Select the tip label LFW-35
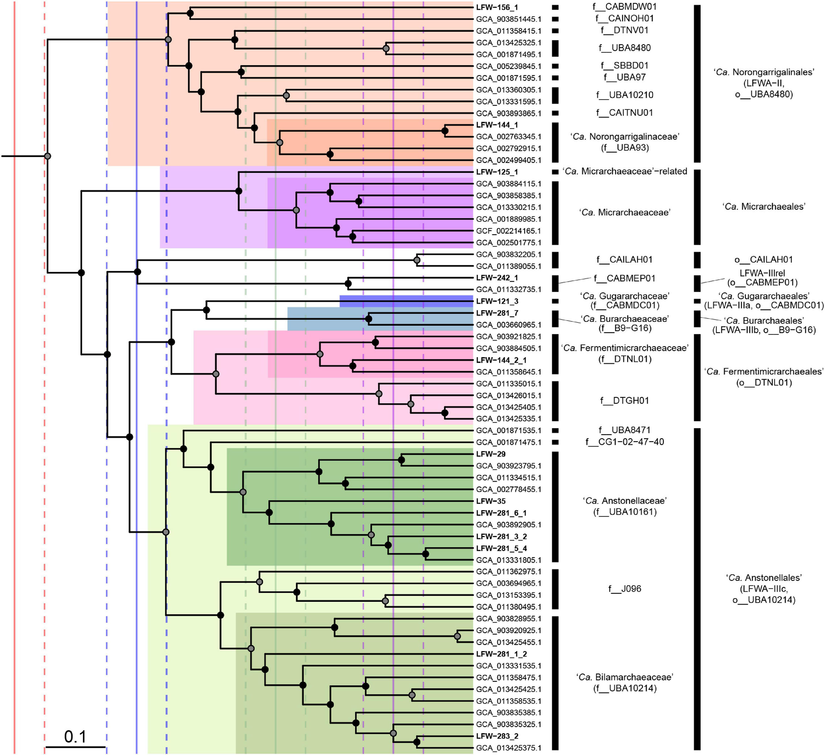(x=491, y=501)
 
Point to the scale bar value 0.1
(x=75, y=736)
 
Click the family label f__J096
(x=624, y=589)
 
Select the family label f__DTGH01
(x=624, y=401)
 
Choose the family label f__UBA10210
(x=624, y=95)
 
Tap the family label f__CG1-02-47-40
(x=624, y=442)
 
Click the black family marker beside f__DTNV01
(x=555, y=31)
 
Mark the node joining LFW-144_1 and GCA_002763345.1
(x=445, y=131)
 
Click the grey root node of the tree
(x=47, y=156)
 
